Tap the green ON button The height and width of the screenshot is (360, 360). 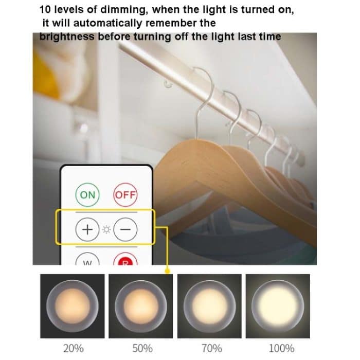tap(88, 195)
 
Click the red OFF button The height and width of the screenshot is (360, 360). tap(125, 195)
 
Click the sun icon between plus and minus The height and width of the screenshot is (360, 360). tap(106, 228)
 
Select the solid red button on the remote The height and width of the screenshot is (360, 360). tap(125, 261)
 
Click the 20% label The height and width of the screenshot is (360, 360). tap(73, 348)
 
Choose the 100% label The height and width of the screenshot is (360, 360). tap(280, 348)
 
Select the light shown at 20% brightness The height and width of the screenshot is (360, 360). tap(72, 306)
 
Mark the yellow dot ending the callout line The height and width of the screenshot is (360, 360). tap(167, 269)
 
